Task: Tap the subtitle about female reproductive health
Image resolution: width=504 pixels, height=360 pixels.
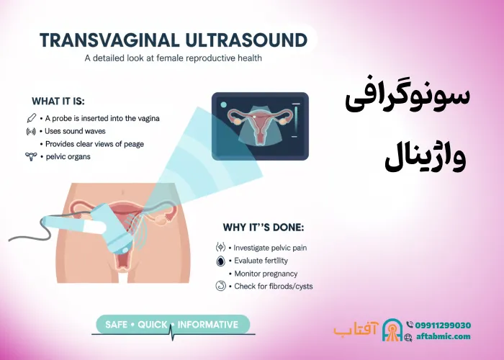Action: point(173,58)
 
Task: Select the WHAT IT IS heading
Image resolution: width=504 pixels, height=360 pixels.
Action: point(63,101)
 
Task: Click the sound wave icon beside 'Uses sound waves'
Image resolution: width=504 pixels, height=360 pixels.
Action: point(31,131)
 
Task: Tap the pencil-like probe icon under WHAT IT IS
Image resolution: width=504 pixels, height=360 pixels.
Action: point(31,117)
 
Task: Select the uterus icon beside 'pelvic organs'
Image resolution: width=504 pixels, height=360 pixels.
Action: point(31,156)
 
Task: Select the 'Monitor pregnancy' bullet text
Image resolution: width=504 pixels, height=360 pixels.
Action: point(266,274)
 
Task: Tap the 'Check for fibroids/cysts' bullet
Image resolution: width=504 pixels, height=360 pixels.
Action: point(273,287)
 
